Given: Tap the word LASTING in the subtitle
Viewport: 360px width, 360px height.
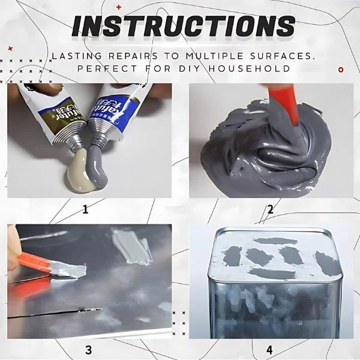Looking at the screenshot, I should [x=75, y=55].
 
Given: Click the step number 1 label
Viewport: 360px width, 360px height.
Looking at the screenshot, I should [x=85, y=209].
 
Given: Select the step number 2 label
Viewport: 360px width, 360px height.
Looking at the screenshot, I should [x=270, y=209].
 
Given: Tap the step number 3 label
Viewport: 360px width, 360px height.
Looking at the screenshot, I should [x=88, y=349].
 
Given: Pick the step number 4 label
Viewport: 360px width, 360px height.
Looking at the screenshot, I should [x=270, y=349].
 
